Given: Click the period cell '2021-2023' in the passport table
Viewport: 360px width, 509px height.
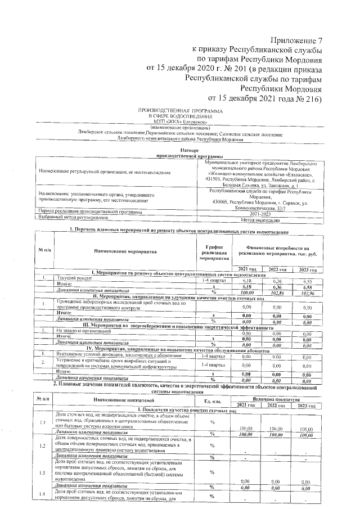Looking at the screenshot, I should [259, 213].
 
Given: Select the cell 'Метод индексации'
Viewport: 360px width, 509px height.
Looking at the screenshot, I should [259, 219].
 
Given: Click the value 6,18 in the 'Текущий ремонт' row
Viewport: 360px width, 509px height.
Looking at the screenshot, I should [243, 280].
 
